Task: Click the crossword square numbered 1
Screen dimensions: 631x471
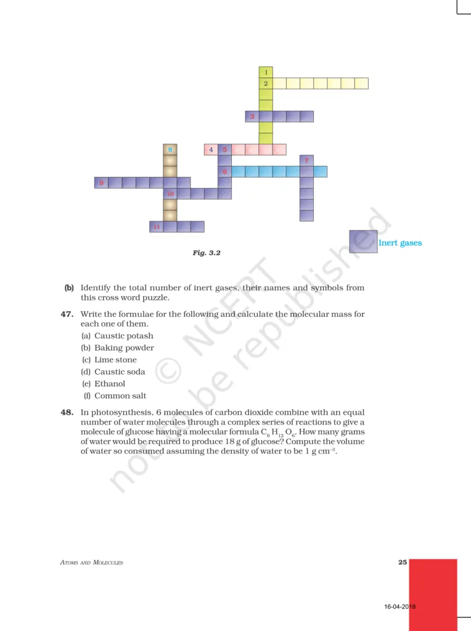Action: (x=265, y=72)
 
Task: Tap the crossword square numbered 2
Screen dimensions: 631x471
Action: (x=265, y=83)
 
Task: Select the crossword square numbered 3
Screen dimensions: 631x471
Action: (x=252, y=116)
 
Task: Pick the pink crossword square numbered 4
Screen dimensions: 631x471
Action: (x=211, y=149)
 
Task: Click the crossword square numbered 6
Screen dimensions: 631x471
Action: (x=224, y=171)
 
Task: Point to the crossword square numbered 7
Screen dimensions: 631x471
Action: (x=306, y=160)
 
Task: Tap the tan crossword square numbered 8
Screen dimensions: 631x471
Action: (x=170, y=149)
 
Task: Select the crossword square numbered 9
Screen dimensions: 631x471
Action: (x=101, y=182)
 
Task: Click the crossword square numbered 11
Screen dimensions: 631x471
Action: (x=157, y=227)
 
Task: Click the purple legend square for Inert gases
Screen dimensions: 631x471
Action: (x=363, y=242)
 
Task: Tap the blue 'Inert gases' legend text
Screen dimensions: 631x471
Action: (x=400, y=243)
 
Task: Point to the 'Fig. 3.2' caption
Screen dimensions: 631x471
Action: (x=207, y=253)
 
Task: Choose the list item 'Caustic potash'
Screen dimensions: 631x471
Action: (x=123, y=336)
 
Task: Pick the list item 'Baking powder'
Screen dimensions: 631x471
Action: (x=124, y=348)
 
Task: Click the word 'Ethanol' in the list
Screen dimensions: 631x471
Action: (x=110, y=383)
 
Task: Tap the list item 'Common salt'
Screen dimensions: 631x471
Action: (x=120, y=396)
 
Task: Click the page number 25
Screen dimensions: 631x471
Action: (x=403, y=562)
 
